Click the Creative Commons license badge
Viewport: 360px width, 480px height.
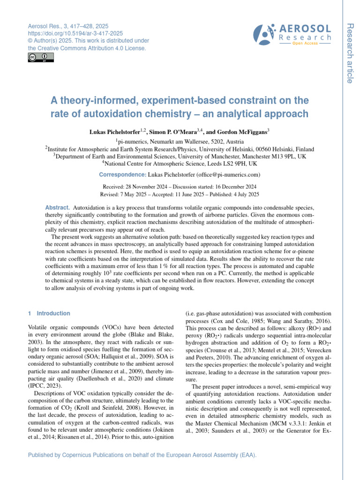[41, 58]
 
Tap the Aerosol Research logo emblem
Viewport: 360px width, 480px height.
[266, 34]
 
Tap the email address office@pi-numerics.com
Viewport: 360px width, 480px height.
[226, 175]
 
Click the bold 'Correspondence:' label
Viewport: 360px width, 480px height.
[122, 175]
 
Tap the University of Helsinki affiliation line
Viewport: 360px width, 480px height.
[180, 149]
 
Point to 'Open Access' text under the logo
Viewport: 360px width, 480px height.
[305, 43]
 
